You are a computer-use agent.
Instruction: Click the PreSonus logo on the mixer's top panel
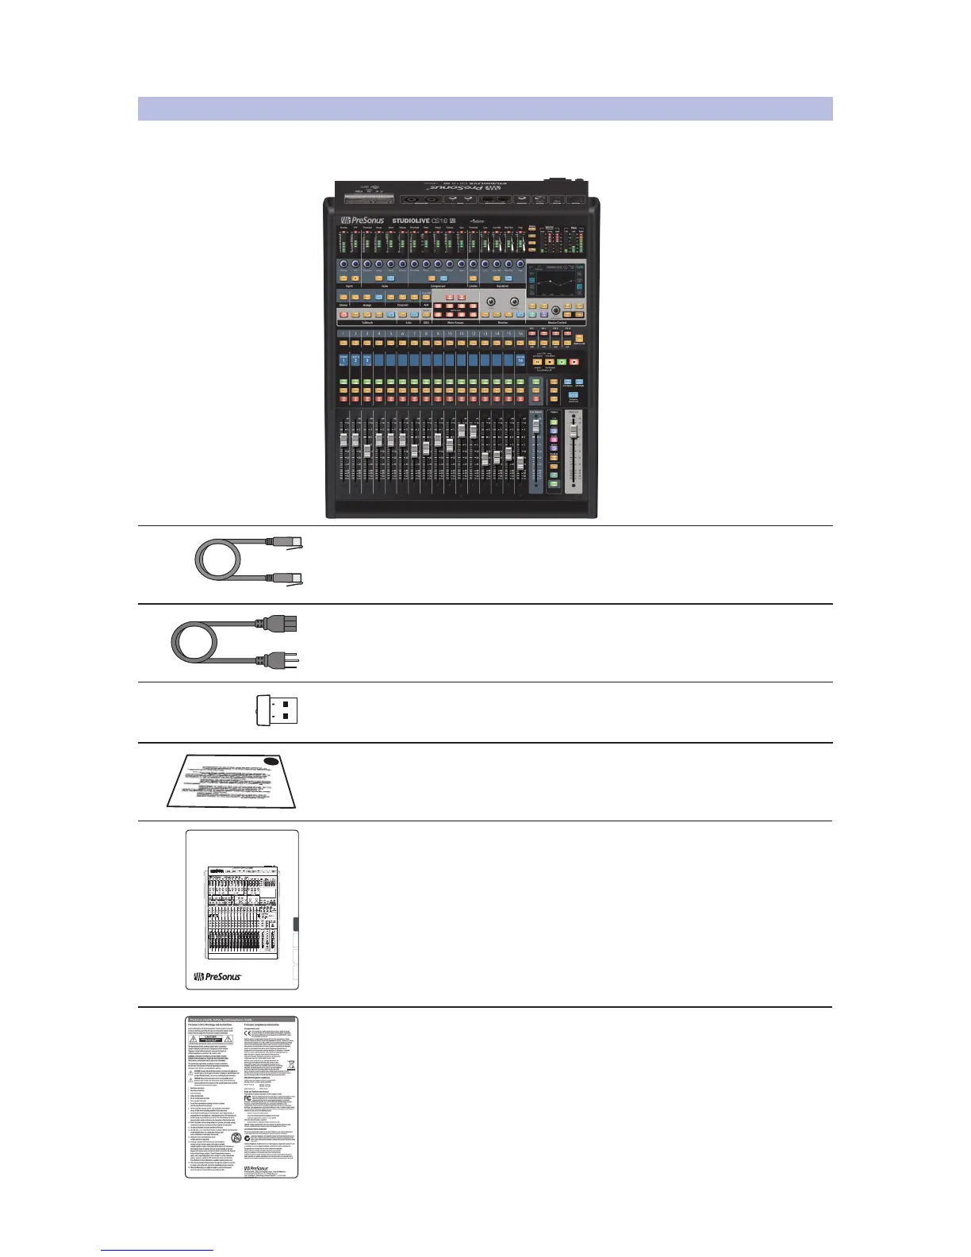(363, 221)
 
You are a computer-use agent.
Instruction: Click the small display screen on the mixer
(556, 287)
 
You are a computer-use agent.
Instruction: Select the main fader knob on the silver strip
(573, 429)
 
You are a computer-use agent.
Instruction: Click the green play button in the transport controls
(562, 362)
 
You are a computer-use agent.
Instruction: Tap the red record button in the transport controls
(574, 362)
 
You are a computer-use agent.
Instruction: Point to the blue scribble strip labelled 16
(520, 360)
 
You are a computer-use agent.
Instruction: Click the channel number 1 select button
(343, 334)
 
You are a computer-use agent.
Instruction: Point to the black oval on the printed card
(271, 761)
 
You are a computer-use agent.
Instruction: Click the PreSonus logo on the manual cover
(218, 976)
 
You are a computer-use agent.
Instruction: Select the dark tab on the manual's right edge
(296, 924)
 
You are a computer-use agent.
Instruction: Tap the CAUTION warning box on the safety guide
(210, 1040)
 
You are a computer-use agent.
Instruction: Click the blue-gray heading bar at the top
(485, 109)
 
